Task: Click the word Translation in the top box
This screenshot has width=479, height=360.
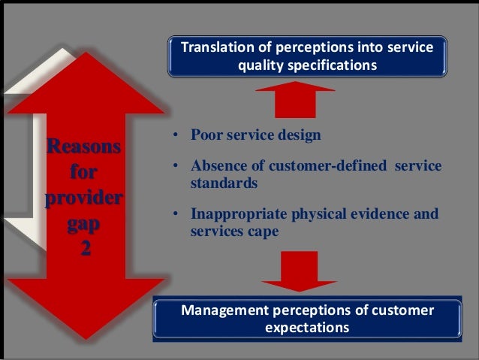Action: tap(215, 48)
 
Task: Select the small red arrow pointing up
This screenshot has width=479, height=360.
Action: tap(295, 99)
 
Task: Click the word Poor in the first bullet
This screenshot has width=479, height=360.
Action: tap(205, 136)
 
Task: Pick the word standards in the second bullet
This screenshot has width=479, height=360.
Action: tap(219, 183)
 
